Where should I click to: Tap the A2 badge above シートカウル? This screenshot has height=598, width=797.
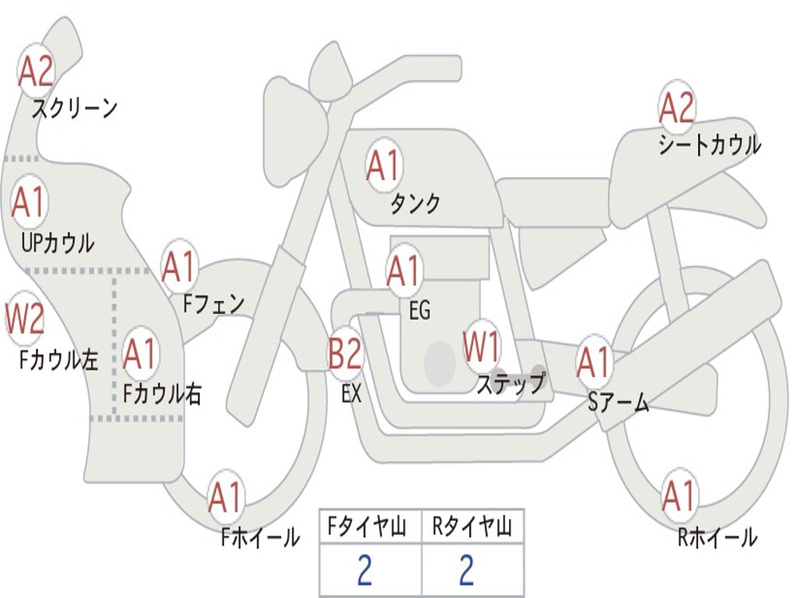(x=676, y=107)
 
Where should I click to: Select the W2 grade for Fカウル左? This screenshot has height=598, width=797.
(x=24, y=319)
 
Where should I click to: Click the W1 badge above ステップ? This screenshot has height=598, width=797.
(x=483, y=348)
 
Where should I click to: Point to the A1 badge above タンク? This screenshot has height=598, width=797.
(x=383, y=166)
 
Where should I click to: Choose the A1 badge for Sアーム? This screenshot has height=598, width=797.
(x=595, y=362)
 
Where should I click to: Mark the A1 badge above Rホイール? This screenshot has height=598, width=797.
(x=678, y=496)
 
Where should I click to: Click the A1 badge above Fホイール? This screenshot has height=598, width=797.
(x=226, y=498)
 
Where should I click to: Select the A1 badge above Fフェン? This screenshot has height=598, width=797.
(x=179, y=267)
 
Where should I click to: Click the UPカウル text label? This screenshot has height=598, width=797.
(x=58, y=243)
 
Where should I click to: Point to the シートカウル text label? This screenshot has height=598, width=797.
(x=709, y=145)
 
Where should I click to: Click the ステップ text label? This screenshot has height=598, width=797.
(x=511, y=384)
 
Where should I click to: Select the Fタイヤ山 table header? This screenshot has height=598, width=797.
(x=370, y=529)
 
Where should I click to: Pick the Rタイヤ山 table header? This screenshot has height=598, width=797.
(x=472, y=529)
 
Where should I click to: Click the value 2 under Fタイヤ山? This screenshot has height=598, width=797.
(x=364, y=571)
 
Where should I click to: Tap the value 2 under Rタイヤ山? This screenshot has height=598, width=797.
(x=466, y=571)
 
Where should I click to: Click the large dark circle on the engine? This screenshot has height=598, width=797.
(x=440, y=363)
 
